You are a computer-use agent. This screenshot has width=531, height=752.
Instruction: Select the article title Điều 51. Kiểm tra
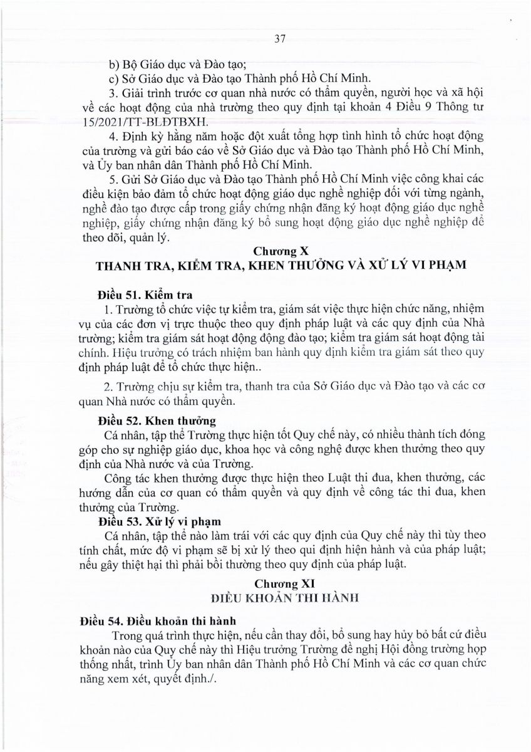click(x=145, y=295)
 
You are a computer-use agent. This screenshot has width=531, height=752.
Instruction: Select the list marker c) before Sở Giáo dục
click(x=115, y=79)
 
